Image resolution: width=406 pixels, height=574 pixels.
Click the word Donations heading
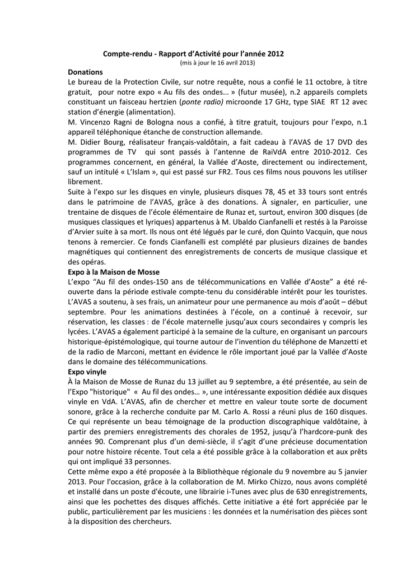click(x=85, y=72)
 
